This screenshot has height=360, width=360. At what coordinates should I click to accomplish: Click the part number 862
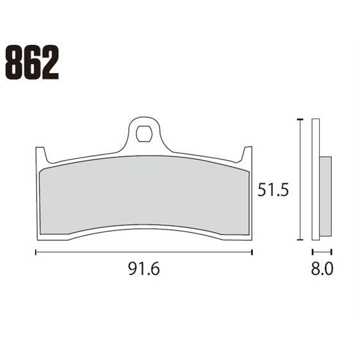pos(32,62)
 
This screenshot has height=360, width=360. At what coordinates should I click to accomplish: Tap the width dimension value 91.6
pos(143,269)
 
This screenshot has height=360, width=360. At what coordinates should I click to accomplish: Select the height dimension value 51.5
pos(270,190)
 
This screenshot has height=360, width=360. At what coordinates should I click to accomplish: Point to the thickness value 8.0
pos(322,269)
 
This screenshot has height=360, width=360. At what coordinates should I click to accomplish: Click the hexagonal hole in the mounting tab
pos(144,135)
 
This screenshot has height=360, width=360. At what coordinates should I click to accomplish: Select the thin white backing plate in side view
pos(315,179)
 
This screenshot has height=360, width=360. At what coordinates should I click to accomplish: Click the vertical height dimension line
pos(300,179)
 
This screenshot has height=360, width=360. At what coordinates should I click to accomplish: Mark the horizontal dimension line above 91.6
pos(143,252)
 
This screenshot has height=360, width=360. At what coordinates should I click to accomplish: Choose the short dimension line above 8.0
pos(322,252)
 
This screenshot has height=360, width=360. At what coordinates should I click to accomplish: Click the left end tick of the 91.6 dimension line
pos(35,252)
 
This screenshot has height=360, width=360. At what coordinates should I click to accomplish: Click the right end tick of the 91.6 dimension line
pos(252,252)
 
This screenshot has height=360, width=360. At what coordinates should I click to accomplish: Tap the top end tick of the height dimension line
pos(300,119)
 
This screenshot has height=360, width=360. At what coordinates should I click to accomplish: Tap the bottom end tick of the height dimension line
pos(300,240)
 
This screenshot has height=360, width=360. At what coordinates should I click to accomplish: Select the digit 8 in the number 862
pos(14,62)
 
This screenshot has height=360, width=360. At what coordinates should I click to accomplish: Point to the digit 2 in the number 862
pos(50,62)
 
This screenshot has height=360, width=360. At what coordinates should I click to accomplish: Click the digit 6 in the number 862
pos(32,62)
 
